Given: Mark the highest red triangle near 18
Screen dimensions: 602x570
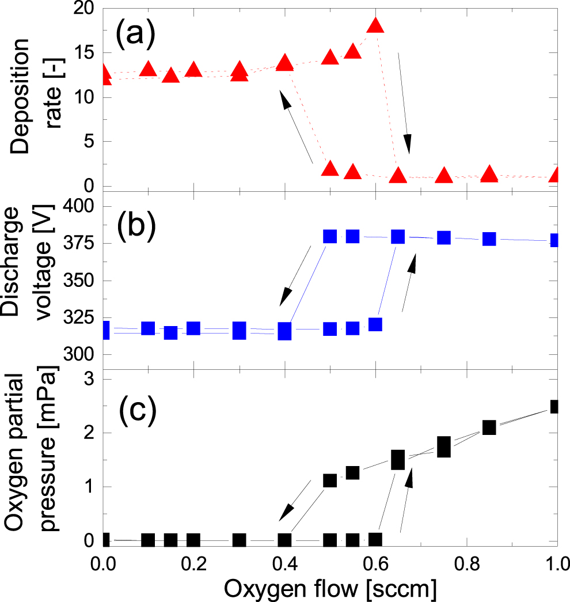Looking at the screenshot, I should tap(375, 25).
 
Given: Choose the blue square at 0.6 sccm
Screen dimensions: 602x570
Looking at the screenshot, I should tap(375, 324).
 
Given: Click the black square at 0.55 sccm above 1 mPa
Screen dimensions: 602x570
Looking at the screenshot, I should tap(352, 472).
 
